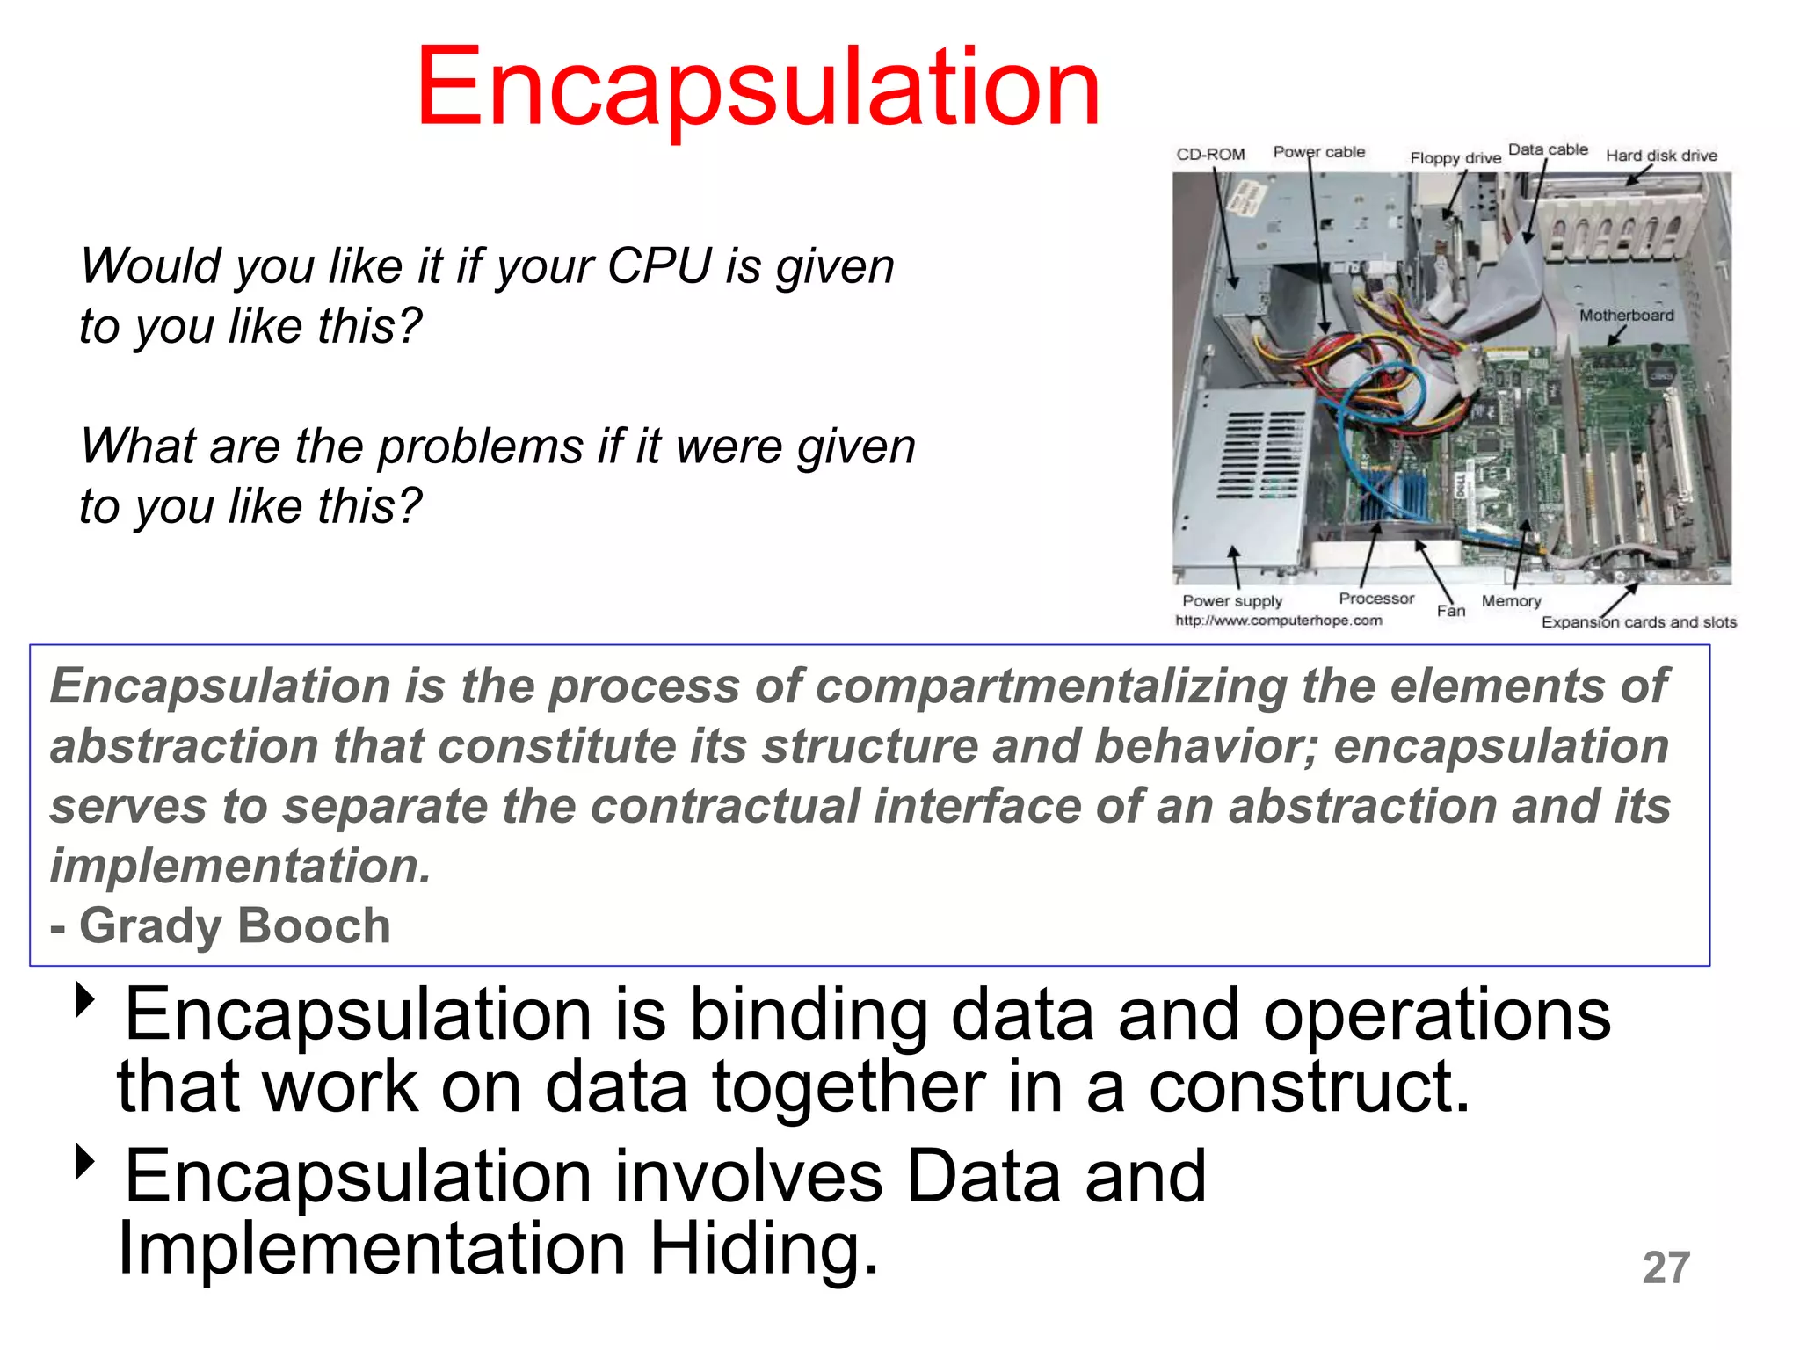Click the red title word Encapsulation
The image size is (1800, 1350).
758,88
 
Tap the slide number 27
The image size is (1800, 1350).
1666,1267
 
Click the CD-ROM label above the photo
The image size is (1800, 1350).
1210,155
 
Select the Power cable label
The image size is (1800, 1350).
1318,152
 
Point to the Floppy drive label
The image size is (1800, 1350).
1455,158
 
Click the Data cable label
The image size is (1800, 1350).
1548,149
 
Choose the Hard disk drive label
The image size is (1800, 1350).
1660,156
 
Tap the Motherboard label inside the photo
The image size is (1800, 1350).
1626,315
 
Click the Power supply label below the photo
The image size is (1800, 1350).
1231,601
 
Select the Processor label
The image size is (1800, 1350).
1375,599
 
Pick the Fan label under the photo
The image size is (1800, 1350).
1451,611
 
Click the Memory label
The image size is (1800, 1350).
1511,601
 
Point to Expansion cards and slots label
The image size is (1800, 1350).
1638,622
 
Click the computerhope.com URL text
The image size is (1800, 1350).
1278,621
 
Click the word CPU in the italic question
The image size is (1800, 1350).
659,266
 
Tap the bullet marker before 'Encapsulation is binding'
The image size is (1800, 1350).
85,999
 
